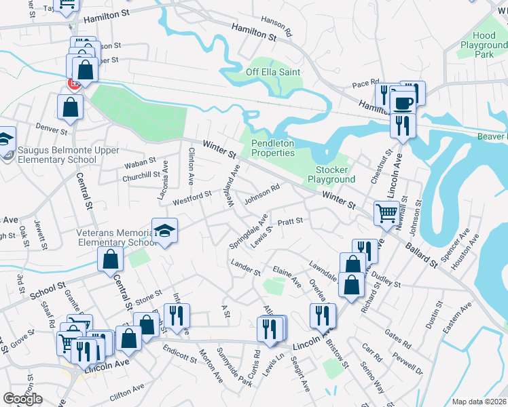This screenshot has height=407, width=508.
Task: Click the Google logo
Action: pos(22,399)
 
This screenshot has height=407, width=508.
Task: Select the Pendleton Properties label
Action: pos(273,148)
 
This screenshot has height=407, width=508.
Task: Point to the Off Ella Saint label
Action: pos(273,72)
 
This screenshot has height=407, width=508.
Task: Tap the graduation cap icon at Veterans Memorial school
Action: pos(164,231)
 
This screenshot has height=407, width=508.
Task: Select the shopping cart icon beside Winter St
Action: pos(386,213)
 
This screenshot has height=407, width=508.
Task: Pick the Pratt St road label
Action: pos(290,221)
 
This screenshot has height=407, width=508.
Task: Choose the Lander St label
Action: pos(245,268)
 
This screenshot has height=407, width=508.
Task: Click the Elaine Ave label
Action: pos(286,275)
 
